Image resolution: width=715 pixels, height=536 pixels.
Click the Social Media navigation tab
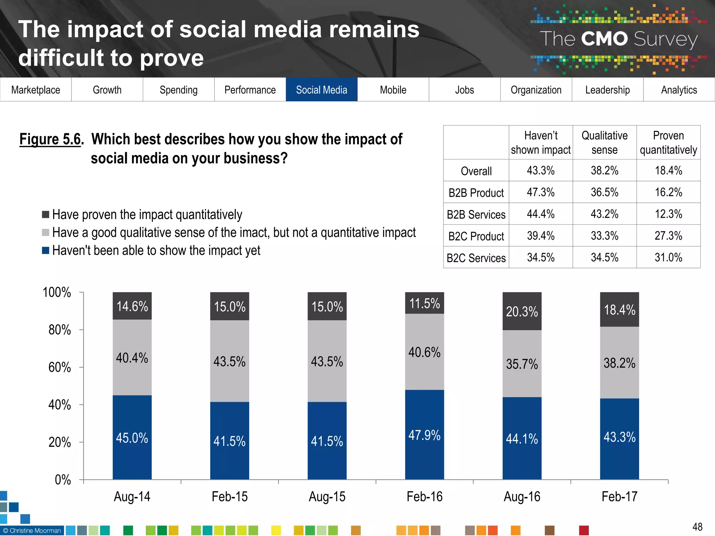(322, 90)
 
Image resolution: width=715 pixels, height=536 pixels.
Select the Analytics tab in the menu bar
(679, 90)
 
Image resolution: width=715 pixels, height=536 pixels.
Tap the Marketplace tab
(36, 90)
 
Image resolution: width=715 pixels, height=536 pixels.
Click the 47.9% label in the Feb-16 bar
(424, 435)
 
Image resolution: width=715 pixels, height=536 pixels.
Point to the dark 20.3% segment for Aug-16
(522, 311)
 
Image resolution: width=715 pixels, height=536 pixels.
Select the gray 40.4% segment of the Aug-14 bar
(132, 358)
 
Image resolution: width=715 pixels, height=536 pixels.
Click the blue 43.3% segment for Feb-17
(619, 437)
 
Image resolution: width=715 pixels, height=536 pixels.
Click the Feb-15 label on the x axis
(229, 497)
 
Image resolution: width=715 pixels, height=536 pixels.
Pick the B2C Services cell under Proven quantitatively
(668, 258)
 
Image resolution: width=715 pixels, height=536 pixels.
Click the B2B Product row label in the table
(476, 193)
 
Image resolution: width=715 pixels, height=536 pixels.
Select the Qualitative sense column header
(604, 142)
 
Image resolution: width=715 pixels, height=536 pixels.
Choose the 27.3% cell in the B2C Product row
(668, 236)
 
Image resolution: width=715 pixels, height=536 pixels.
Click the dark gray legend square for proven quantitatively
(45, 214)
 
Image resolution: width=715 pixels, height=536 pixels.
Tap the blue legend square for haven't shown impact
(45, 251)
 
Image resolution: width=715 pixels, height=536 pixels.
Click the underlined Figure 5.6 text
(50, 139)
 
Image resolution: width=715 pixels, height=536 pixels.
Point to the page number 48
(697, 527)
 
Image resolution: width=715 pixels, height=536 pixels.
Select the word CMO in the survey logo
(604, 39)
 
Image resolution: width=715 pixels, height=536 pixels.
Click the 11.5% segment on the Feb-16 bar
(424, 303)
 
